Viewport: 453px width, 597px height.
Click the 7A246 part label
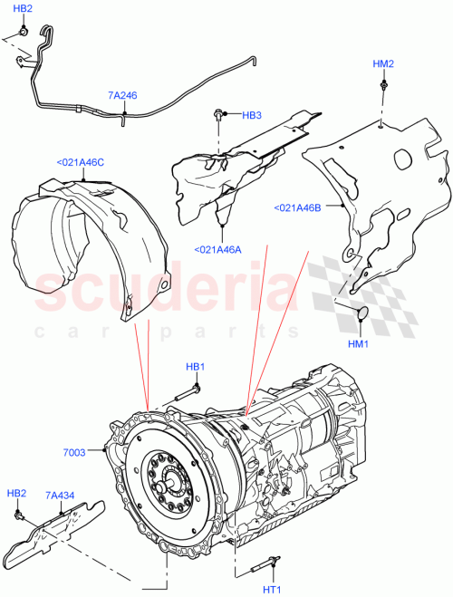[122, 94]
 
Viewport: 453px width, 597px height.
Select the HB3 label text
[251, 116]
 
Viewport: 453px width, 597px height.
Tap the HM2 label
[383, 64]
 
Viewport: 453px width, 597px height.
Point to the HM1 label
[360, 344]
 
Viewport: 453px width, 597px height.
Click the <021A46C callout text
[81, 162]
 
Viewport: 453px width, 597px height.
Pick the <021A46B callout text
[297, 207]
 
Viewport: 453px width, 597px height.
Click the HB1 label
[196, 367]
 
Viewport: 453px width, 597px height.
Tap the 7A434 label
[61, 496]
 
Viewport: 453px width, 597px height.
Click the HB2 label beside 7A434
[16, 493]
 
